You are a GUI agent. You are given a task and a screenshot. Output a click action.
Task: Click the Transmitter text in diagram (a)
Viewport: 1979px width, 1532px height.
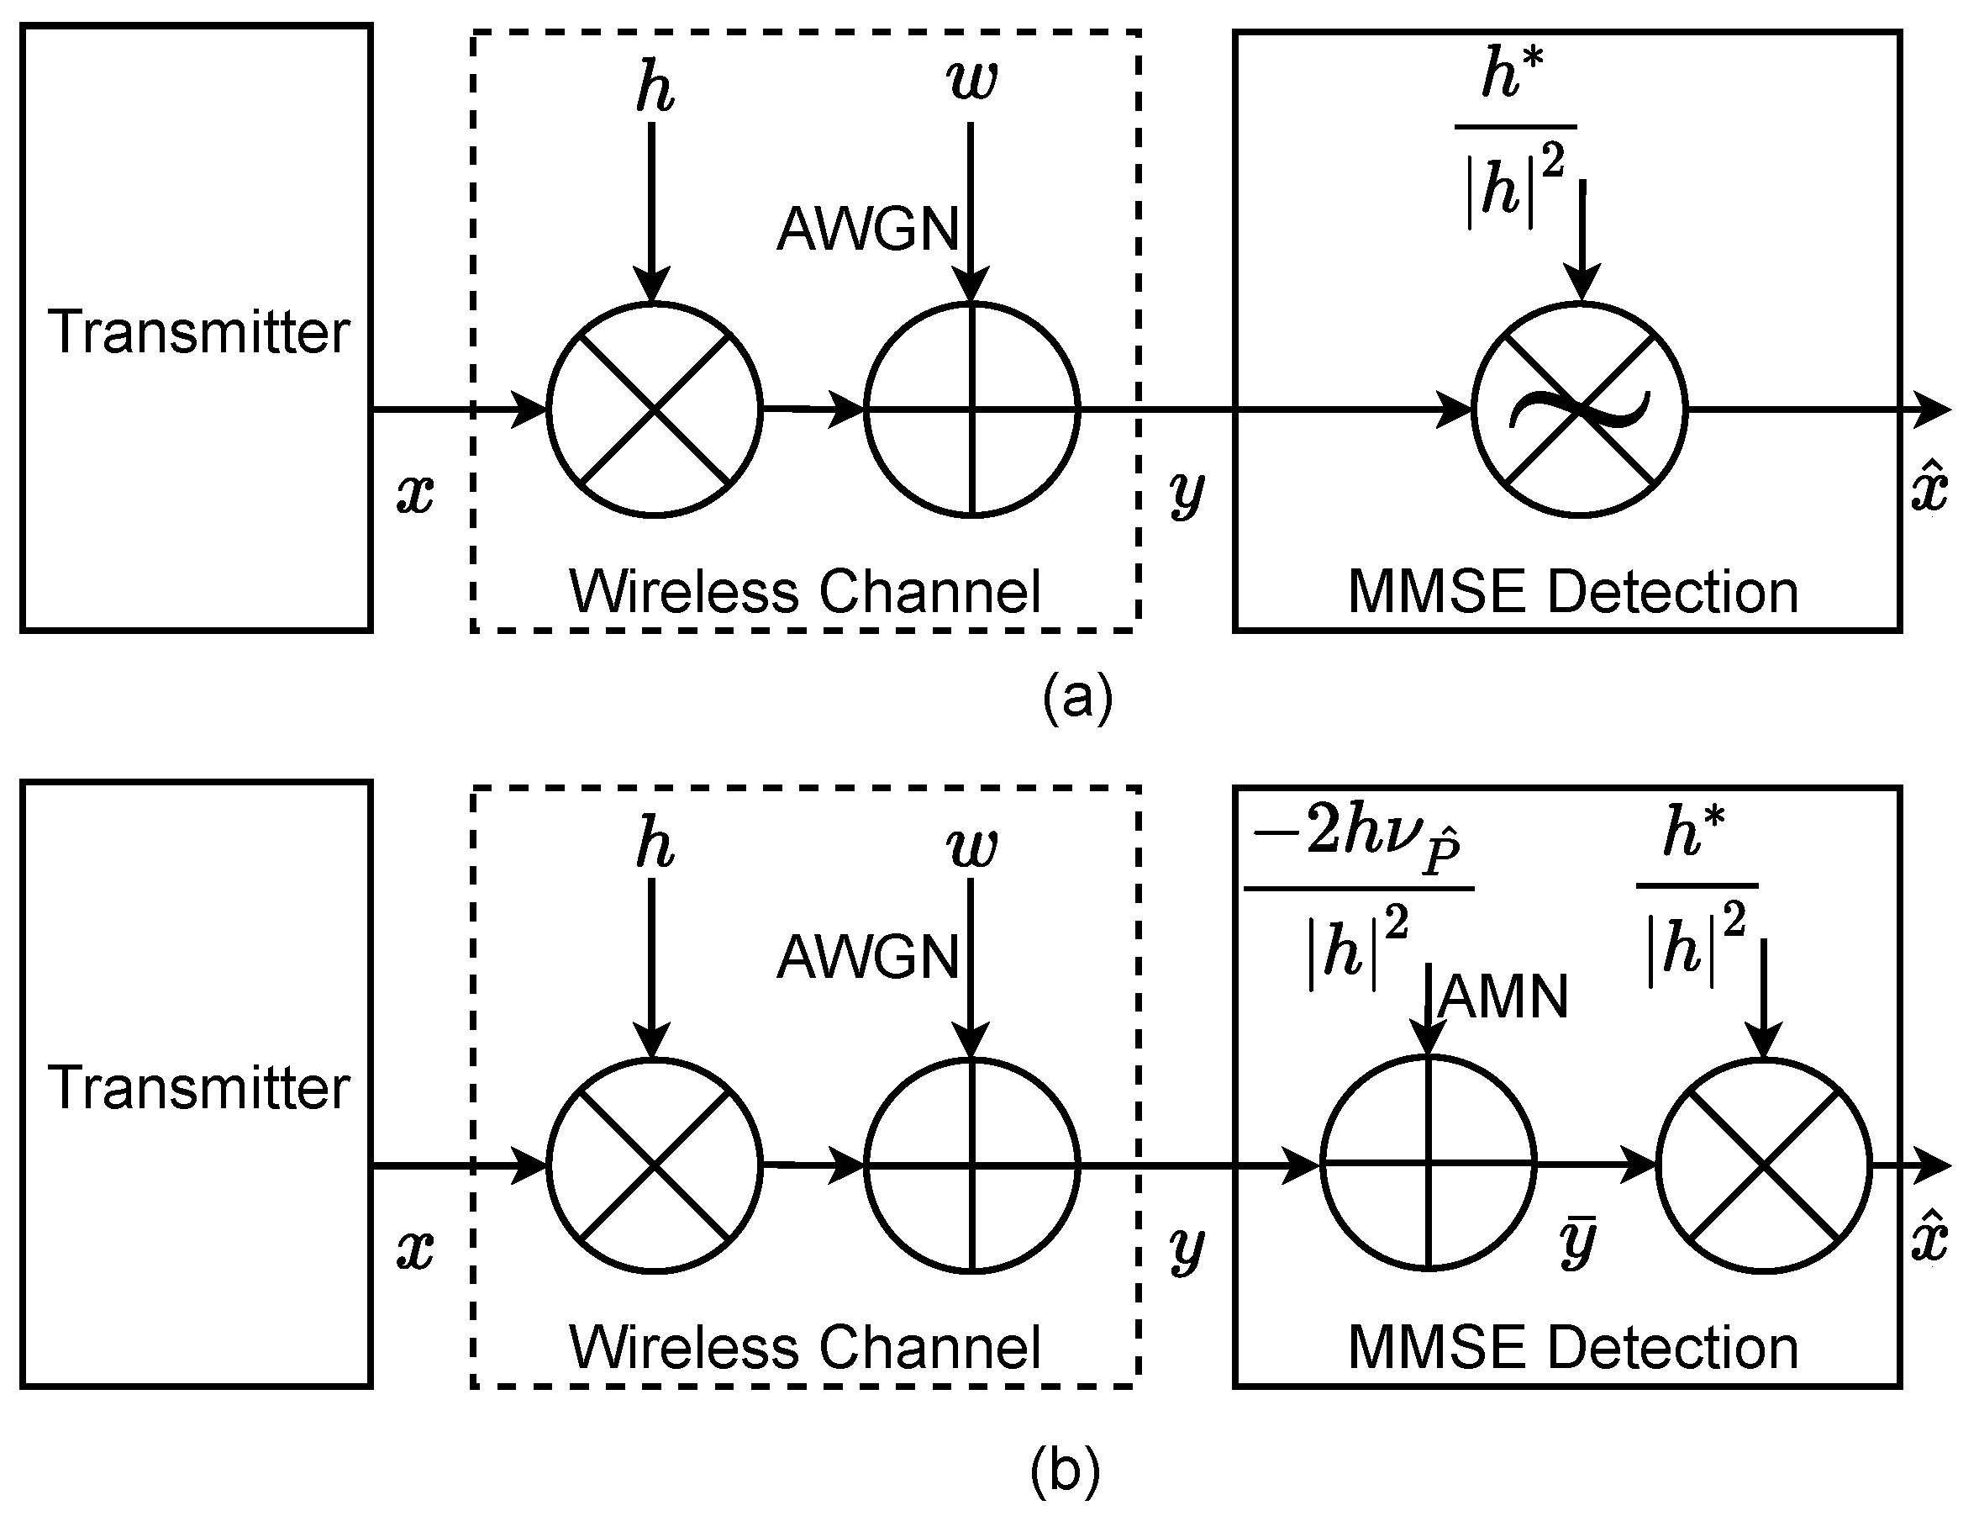pos(198,332)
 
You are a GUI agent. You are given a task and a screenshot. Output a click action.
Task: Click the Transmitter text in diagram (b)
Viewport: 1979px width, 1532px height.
pos(198,1087)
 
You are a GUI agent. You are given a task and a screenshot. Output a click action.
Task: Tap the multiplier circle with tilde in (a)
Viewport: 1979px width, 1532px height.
pos(1579,409)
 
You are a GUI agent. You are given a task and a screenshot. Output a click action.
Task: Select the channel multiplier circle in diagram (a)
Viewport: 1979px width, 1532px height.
pos(655,409)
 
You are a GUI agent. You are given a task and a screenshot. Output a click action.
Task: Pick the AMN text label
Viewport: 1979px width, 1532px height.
pos(1503,998)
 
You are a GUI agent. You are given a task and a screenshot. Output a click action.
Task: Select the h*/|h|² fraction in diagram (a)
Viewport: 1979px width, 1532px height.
pos(1515,136)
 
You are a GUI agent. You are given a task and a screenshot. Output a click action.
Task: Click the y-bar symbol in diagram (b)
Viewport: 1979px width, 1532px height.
pos(1577,1243)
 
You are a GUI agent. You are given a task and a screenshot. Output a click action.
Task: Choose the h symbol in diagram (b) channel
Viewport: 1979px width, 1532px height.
pos(655,843)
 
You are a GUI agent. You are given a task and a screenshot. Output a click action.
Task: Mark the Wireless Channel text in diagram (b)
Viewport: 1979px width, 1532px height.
pos(805,1347)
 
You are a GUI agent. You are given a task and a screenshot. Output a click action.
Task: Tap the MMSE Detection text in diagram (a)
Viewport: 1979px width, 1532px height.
pos(1573,592)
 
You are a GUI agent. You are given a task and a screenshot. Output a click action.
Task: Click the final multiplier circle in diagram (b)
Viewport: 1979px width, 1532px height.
pos(1763,1165)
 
